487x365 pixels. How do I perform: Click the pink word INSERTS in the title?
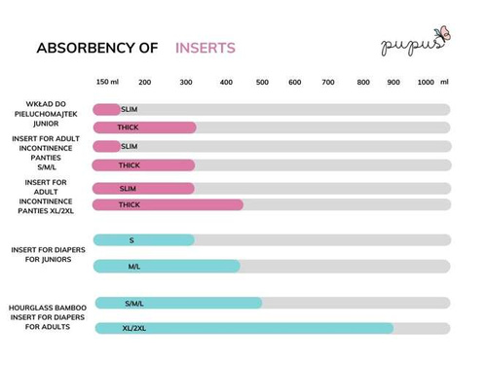click(x=205, y=48)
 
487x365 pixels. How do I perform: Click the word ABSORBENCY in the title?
click(x=83, y=48)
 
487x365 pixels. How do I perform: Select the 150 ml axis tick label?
click(x=108, y=83)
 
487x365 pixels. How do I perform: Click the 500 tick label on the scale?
click(x=262, y=83)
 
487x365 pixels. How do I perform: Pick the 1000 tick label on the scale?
click(x=426, y=83)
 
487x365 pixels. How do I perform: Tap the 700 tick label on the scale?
click(x=328, y=83)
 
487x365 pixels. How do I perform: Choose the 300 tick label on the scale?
click(x=186, y=83)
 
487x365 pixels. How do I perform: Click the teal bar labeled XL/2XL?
click(x=243, y=328)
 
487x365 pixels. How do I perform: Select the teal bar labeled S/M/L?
click(x=178, y=303)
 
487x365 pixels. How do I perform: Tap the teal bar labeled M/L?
click(x=167, y=266)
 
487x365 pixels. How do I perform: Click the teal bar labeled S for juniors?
click(x=144, y=239)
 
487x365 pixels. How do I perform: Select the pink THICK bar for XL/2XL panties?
click(x=168, y=204)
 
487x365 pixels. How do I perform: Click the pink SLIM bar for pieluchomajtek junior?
click(x=107, y=109)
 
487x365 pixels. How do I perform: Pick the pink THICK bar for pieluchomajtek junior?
click(x=144, y=128)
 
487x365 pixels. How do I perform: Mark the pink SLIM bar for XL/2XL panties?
click(x=144, y=188)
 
